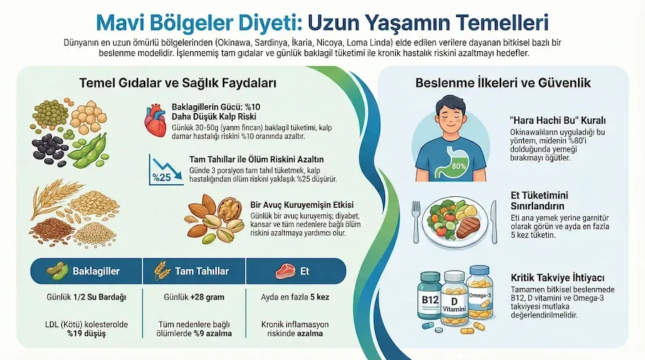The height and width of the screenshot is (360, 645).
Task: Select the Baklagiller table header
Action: [81, 271]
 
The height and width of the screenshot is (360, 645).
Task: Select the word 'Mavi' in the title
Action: [120, 22]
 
